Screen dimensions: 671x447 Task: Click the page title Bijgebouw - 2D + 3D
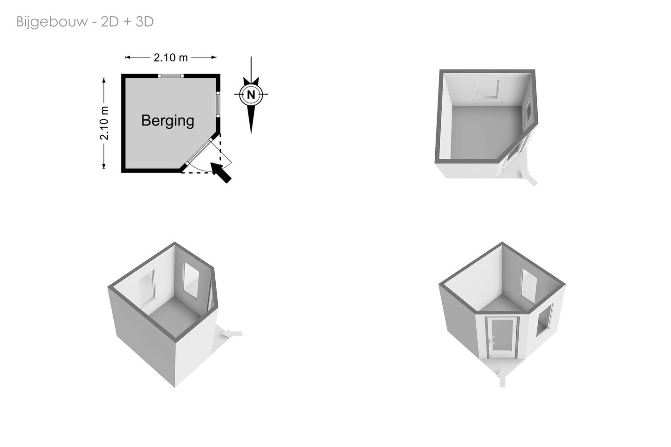click(85, 22)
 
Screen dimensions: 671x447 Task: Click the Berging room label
click(168, 121)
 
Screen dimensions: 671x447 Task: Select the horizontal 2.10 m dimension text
click(171, 57)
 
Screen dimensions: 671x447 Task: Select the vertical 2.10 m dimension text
click(104, 123)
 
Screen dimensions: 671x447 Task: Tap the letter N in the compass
click(251, 95)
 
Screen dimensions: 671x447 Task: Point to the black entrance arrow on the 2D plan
click(221, 172)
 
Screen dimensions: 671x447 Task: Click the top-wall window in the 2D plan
click(171, 76)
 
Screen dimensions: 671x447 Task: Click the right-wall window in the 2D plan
click(218, 104)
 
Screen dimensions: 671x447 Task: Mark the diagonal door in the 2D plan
click(199, 152)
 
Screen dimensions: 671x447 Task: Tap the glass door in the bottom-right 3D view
click(502, 337)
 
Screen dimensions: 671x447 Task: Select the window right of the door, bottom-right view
click(544, 320)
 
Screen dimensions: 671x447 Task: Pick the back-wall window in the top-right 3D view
click(488, 89)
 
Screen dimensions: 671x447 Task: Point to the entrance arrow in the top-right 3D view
click(529, 178)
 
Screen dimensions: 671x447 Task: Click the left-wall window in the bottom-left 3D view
click(147, 288)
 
